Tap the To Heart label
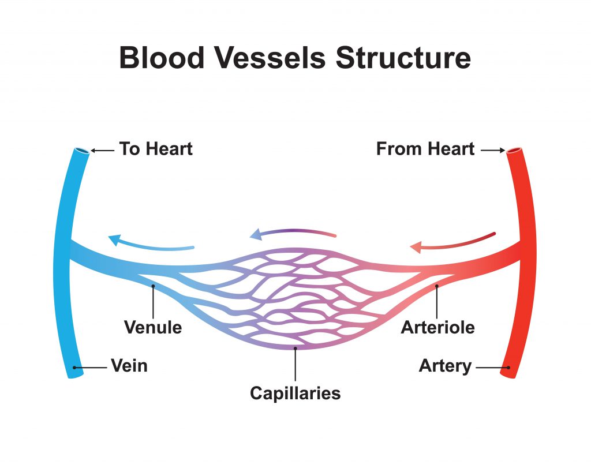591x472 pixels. click(x=156, y=149)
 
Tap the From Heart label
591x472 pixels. click(x=425, y=149)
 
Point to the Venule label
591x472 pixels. click(x=153, y=328)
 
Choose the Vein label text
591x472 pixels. click(x=129, y=366)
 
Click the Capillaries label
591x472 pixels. click(x=295, y=394)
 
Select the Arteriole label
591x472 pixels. click(x=437, y=328)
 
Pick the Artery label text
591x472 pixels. click(x=445, y=366)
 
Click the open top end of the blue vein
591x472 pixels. click(x=81, y=151)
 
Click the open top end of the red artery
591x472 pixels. click(x=513, y=152)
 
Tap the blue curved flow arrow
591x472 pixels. click(x=151, y=244)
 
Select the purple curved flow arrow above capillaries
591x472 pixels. click(x=293, y=233)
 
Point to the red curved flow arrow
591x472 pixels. click(x=452, y=242)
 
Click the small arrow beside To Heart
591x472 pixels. click(x=103, y=151)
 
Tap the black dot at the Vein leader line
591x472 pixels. click(x=75, y=367)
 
